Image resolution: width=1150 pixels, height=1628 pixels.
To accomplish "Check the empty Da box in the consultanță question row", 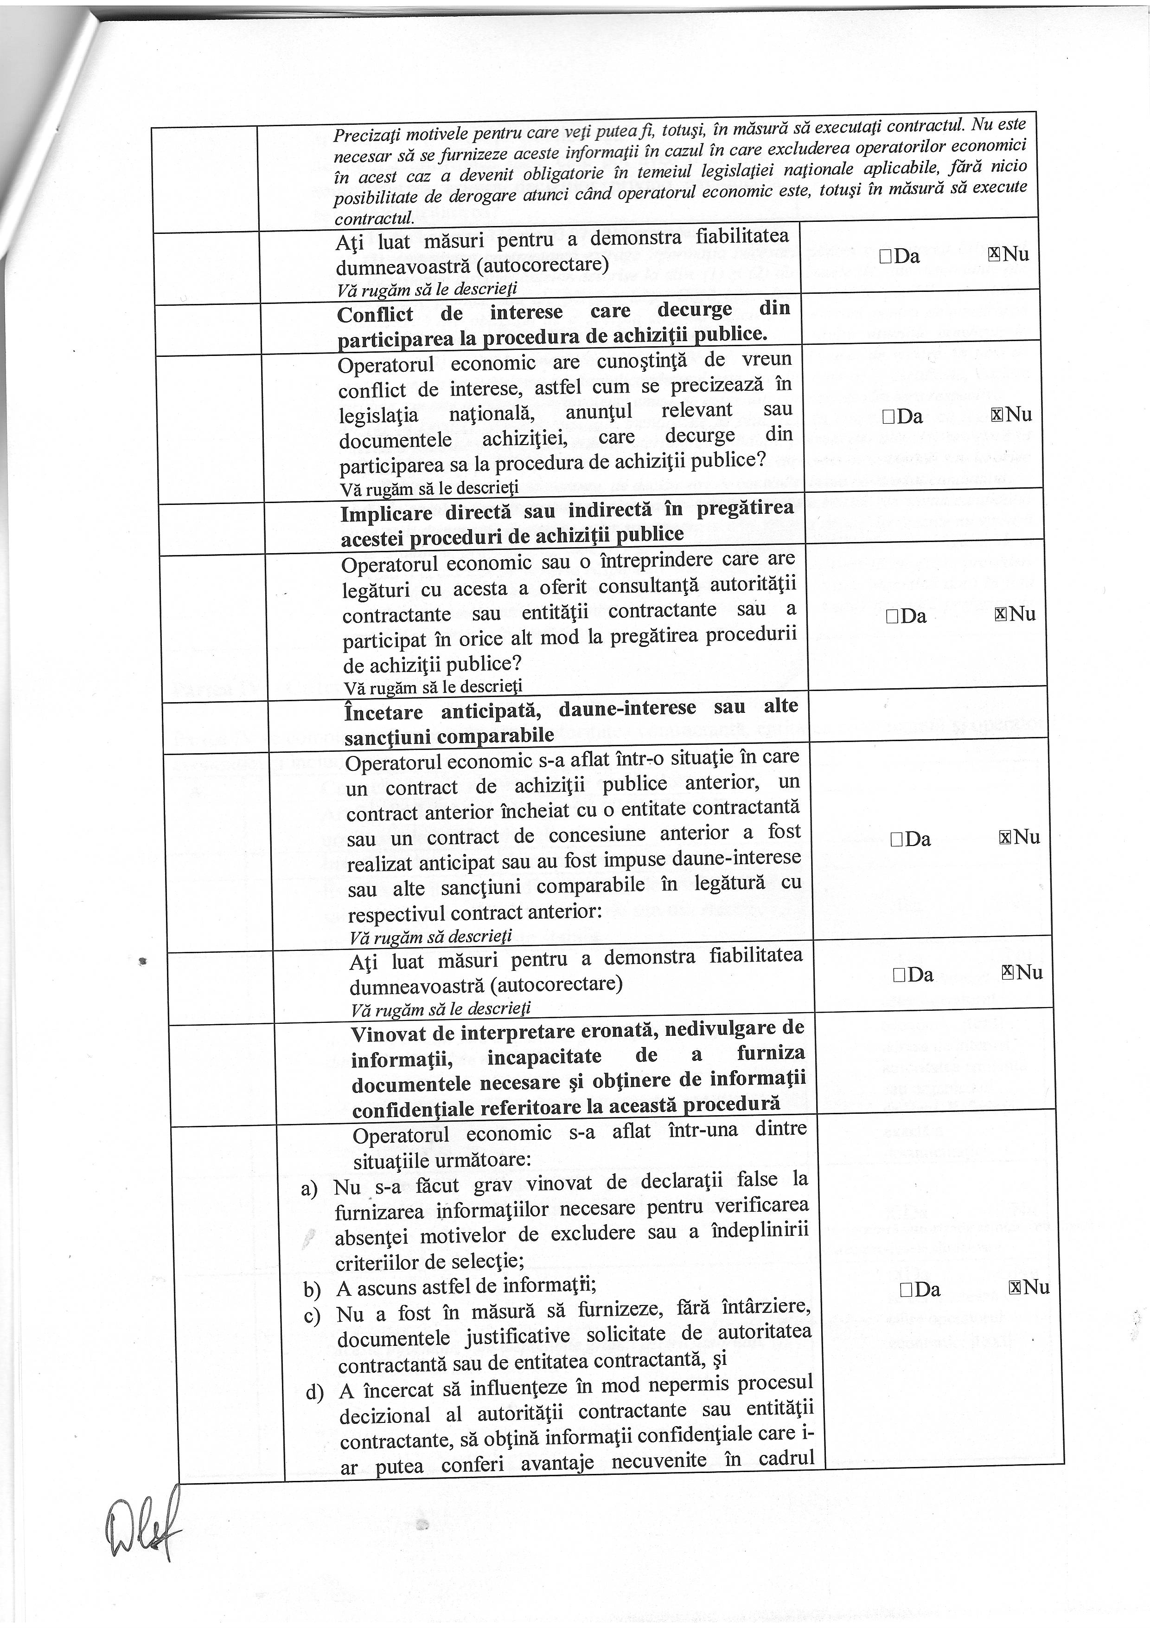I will pyautogui.click(x=892, y=616).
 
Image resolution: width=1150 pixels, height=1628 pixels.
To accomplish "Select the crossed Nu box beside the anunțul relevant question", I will pyautogui.click(x=997, y=415).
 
